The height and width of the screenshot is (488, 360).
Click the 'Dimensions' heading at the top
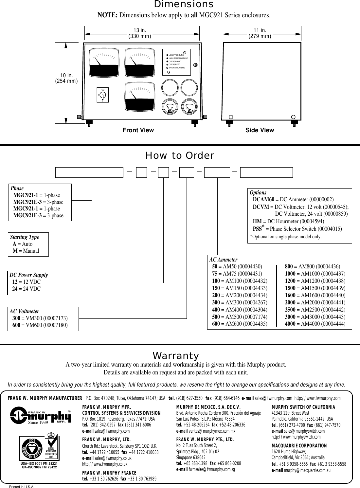point(184,5)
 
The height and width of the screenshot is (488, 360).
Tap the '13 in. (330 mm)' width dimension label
point(139,33)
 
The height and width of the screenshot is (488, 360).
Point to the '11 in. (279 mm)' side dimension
point(260,33)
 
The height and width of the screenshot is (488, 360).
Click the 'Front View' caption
point(138,130)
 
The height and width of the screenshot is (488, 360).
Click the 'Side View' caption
point(260,130)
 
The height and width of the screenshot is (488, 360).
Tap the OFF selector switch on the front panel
point(102,95)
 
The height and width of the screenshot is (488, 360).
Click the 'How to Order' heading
point(180,156)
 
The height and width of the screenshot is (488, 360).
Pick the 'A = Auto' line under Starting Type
point(23,244)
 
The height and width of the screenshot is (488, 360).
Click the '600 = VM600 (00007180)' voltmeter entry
point(40,325)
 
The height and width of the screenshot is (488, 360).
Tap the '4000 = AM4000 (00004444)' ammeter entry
point(315,324)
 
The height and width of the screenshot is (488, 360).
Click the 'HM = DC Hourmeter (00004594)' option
point(288,221)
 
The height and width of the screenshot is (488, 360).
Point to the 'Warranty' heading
point(176,356)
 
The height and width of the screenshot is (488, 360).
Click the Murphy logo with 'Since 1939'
point(41,416)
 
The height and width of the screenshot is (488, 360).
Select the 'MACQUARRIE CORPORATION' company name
point(299,446)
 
